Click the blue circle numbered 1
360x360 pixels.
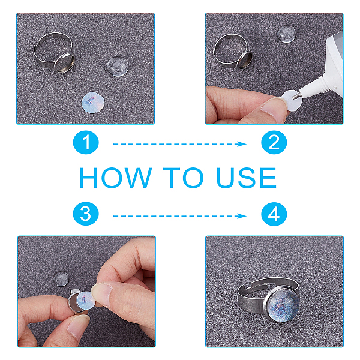click(86, 142)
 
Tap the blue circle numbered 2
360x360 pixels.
click(274, 142)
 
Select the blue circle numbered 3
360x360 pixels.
click(86, 214)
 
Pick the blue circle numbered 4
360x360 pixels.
click(274, 214)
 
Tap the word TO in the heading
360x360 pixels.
click(183, 178)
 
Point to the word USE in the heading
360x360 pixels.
click(246, 178)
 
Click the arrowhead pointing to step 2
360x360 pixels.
click(242, 144)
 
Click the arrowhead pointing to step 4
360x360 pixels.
click(242, 216)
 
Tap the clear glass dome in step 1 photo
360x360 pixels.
click(117, 67)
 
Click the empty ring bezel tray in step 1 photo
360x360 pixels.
click(65, 63)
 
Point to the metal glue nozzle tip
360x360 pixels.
click(296, 95)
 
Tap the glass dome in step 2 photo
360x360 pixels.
click(286, 34)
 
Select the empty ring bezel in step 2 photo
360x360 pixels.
click(245, 59)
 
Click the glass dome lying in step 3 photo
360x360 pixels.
click(61, 279)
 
